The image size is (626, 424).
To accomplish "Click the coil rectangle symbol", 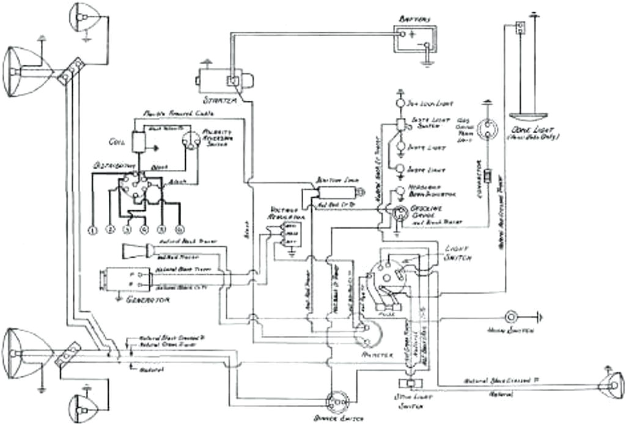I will click(139, 141).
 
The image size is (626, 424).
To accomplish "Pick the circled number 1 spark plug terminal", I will click(93, 230).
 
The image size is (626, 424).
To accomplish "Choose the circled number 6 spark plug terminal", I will click(179, 229).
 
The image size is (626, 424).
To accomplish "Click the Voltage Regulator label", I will click(285, 213).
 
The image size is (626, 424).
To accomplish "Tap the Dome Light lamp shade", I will click(528, 116).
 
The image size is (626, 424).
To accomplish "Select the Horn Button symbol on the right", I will click(510, 317).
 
